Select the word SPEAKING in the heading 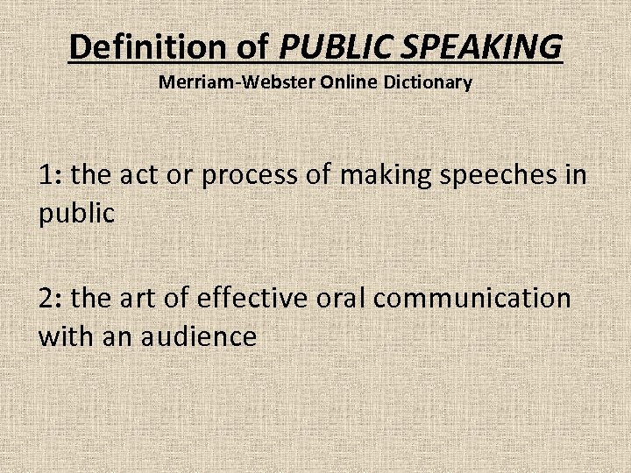pyautogui.click(x=474, y=46)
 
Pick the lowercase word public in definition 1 pyautogui.click(x=76, y=214)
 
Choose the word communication pyautogui.click(x=471, y=299)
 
